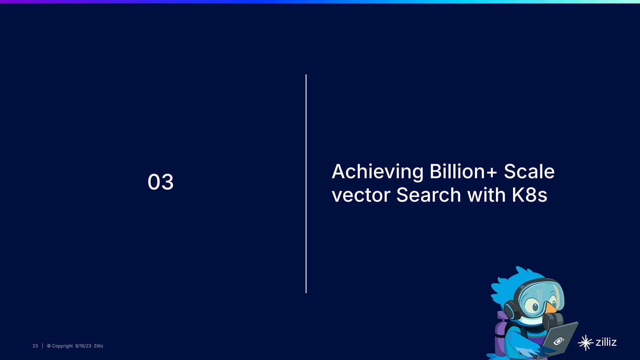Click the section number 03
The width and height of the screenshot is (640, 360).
[x=160, y=182]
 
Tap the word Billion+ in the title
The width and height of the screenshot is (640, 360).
[x=463, y=172]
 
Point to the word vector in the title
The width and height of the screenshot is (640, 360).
[x=361, y=195]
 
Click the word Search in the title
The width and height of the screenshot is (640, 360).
[x=428, y=195]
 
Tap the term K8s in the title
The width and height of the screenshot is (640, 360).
[x=529, y=195]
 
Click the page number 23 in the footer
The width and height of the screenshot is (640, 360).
[x=35, y=346]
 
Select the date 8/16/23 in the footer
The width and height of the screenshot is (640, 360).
[x=83, y=346]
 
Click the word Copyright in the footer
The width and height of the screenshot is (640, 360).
[x=62, y=346]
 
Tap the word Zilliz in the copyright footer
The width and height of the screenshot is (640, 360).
[x=98, y=346]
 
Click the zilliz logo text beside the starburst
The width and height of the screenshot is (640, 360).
[x=606, y=342]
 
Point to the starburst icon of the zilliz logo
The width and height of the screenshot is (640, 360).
[x=585, y=343]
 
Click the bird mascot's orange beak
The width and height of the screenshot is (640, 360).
[x=551, y=307]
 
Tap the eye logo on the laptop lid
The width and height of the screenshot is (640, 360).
[x=558, y=341]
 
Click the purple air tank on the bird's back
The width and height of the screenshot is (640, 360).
[x=500, y=337]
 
